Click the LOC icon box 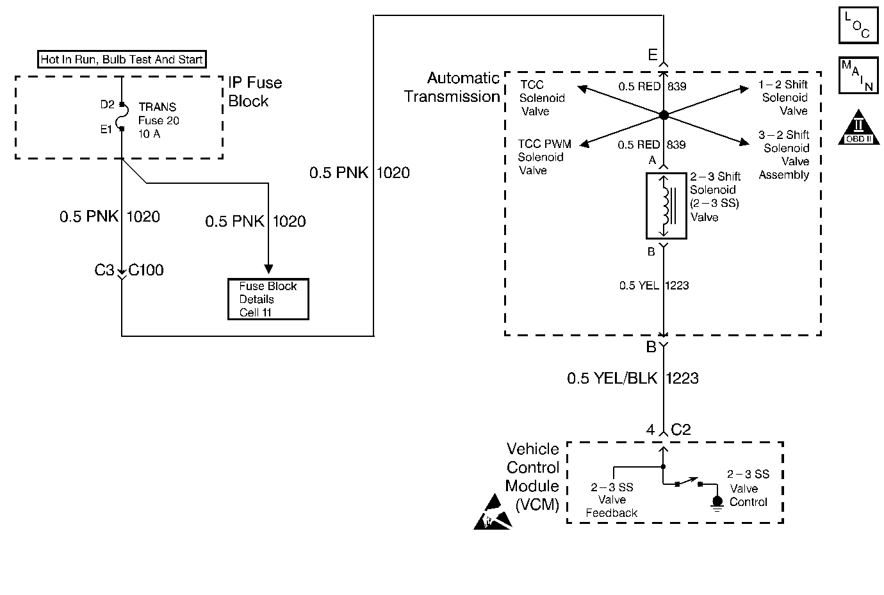(858, 24)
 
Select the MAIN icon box (858, 76)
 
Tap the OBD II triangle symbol (858, 128)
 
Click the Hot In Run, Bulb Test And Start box (122, 60)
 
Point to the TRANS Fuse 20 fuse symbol (122, 117)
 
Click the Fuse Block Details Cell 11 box (268, 299)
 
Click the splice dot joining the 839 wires (664, 115)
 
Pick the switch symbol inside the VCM (689, 482)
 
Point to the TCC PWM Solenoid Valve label (544, 157)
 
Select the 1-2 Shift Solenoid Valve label (784, 97)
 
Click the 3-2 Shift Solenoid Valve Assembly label (783, 154)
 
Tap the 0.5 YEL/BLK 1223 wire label (632, 379)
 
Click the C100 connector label (146, 270)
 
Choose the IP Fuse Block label (255, 92)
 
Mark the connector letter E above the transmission (652, 55)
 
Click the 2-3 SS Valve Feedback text (612, 500)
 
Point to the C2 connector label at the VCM (681, 430)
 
